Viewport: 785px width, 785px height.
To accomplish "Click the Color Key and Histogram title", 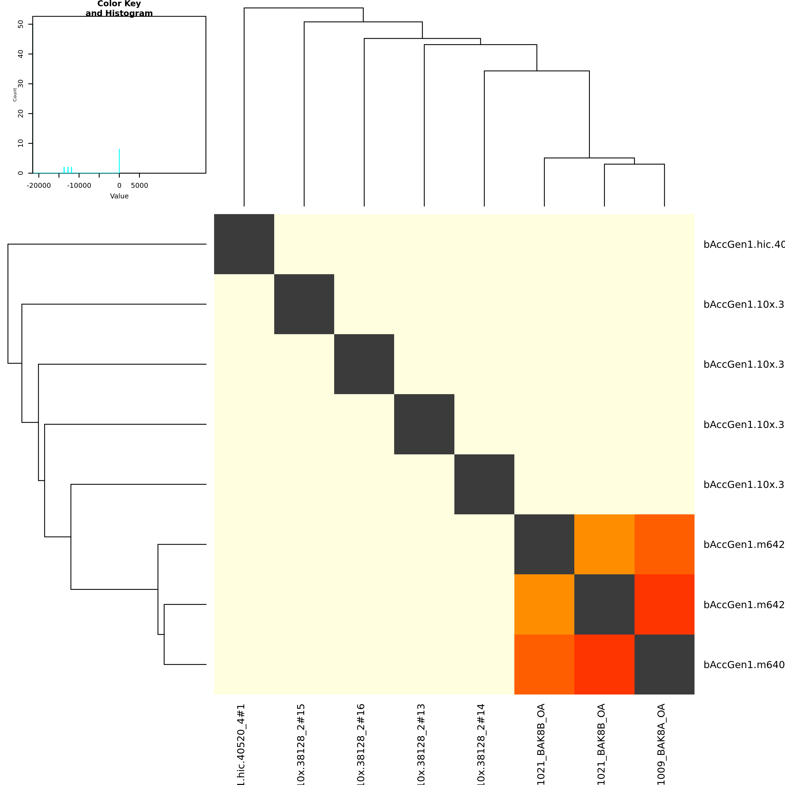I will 119,8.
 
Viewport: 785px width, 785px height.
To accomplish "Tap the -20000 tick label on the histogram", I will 39,186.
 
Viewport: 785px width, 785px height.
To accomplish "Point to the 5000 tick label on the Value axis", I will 139,186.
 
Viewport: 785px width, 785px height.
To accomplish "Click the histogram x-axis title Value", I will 119,196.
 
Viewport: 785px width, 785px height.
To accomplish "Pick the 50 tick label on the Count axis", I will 21,24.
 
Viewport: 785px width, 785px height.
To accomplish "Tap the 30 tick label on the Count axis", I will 21,84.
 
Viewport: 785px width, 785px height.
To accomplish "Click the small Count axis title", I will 15,95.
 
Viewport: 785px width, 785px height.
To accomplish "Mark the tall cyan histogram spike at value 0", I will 119,161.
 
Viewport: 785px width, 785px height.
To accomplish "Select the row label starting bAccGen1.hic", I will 744,244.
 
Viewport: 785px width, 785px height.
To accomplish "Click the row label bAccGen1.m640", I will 744,665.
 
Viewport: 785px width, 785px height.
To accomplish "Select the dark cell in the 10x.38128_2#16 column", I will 364,364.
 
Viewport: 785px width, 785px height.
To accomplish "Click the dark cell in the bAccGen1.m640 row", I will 664,664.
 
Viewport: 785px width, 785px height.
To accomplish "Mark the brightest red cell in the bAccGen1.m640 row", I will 604,664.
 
